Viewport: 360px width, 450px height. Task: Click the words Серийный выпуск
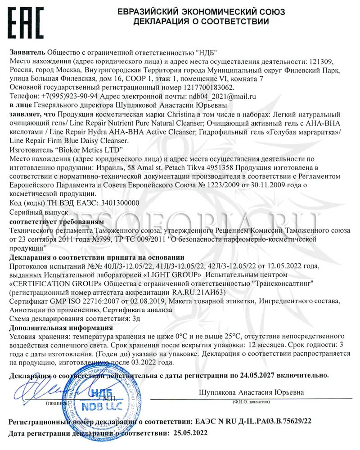[x=38, y=211]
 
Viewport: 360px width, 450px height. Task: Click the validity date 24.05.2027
[x=256, y=374]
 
